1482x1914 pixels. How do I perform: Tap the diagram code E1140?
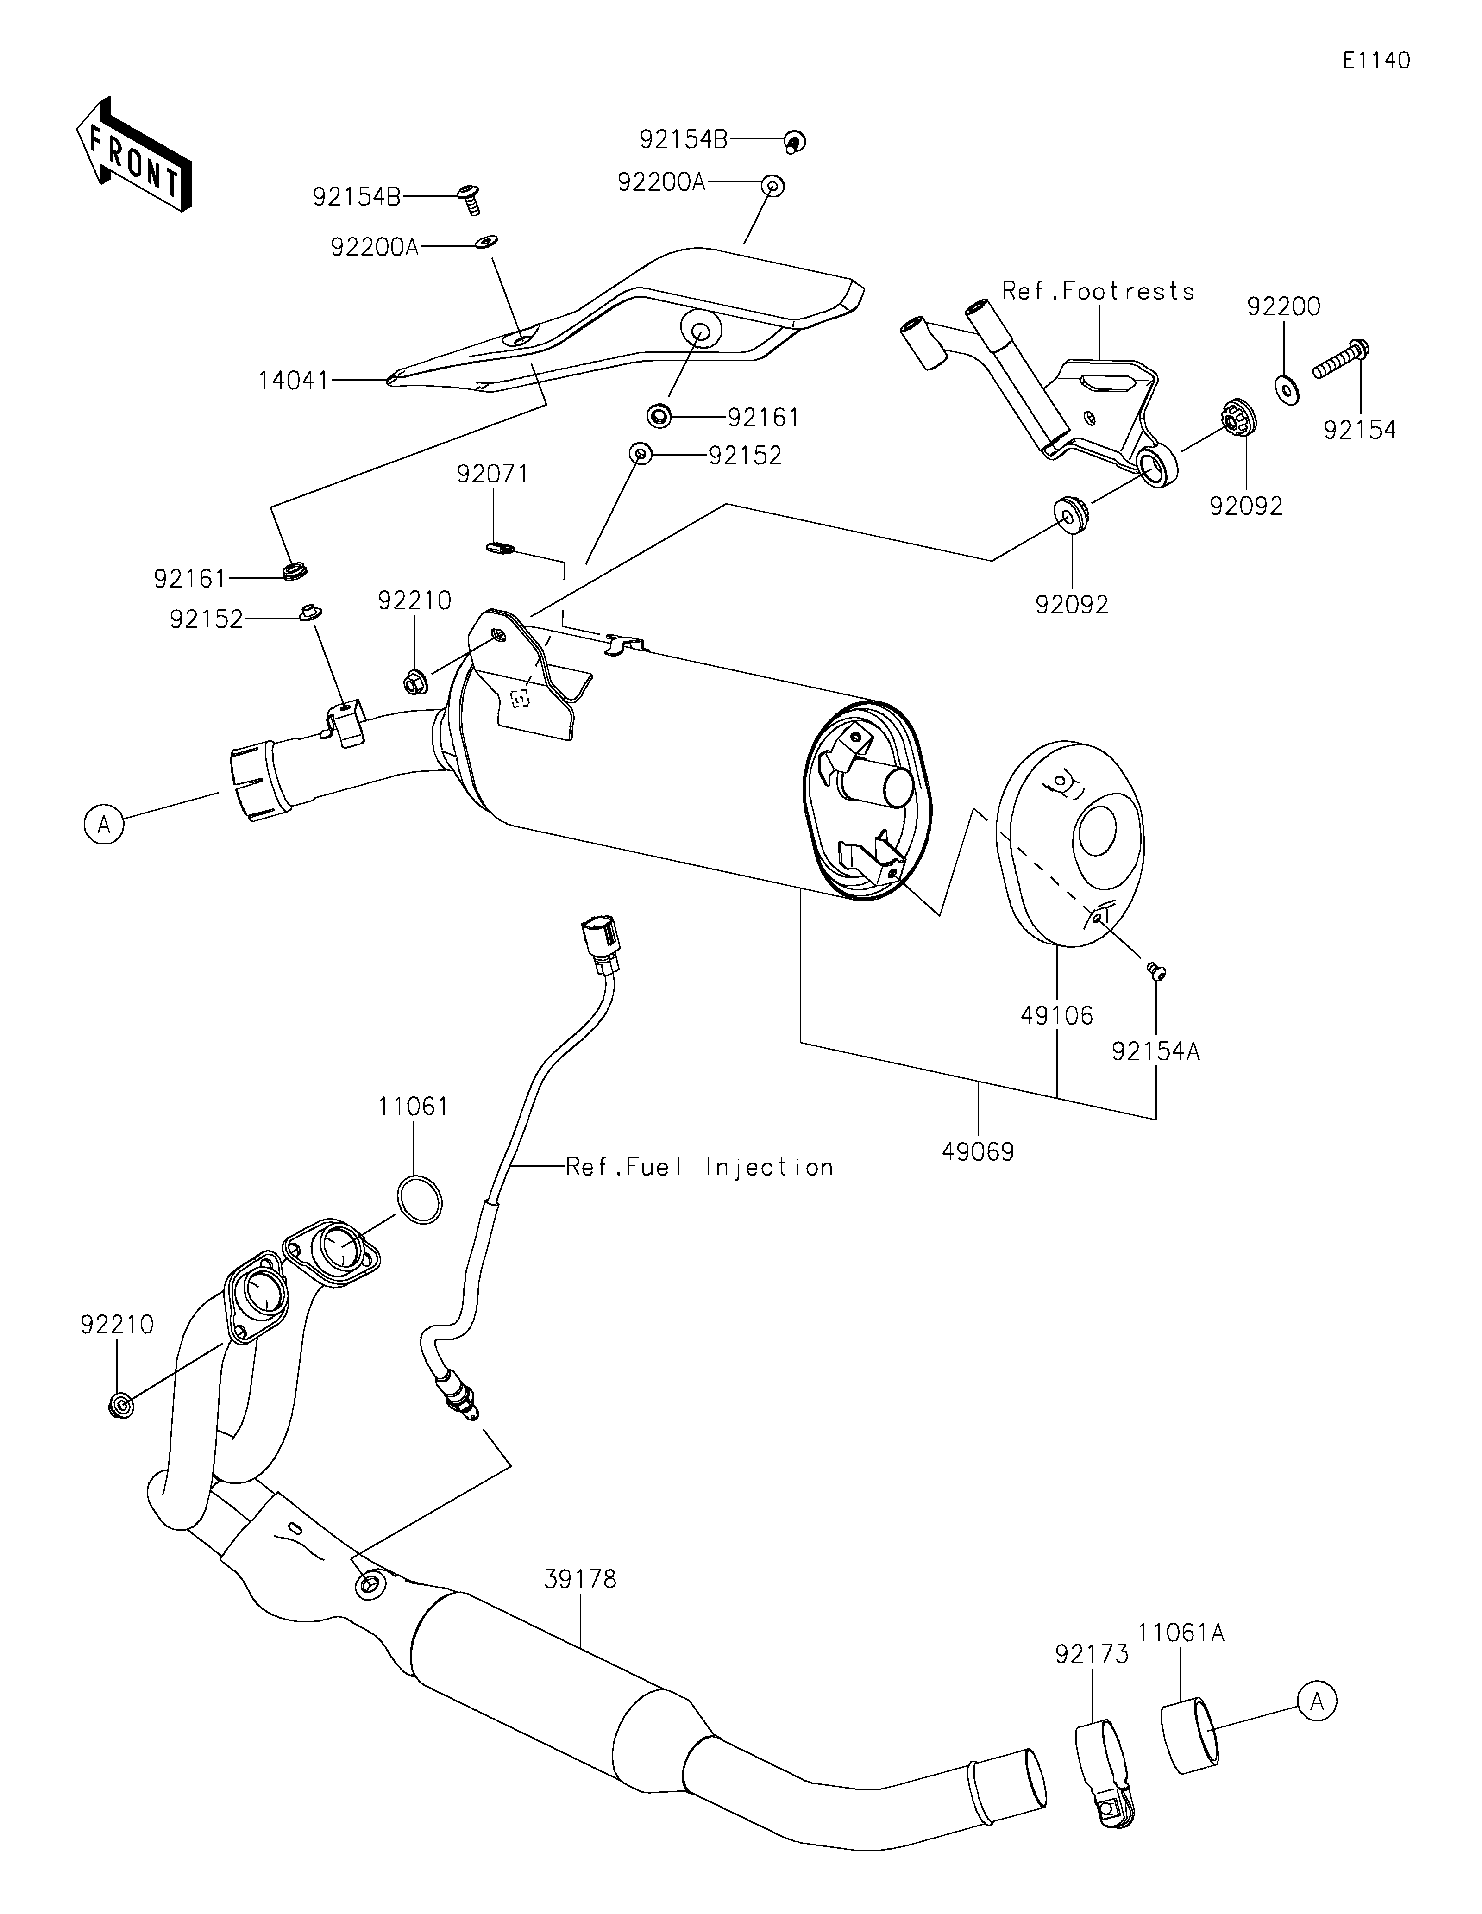[x=1376, y=61]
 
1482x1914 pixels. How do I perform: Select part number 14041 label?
[x=293, y=381]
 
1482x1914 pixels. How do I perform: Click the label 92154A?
[x=1155, y=1051]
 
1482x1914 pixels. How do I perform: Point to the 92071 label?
[x=493, y=474]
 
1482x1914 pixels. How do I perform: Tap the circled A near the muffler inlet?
[x=104, y=826]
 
